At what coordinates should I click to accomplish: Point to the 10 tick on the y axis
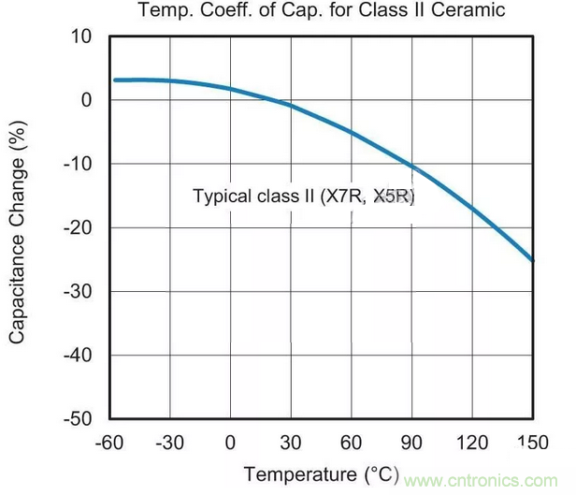click(83, 37)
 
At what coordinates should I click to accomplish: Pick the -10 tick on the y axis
click(79, 165)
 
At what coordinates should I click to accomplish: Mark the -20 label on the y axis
click(79, 228)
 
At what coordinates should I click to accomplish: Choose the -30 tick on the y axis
click(79, 292)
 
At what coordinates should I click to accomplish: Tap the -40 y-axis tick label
click(79, 356)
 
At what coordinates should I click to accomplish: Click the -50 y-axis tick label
click(79, 419)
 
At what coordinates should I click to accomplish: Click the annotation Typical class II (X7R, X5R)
click(303, 197)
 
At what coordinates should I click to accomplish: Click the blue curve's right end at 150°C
click(532, 259)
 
